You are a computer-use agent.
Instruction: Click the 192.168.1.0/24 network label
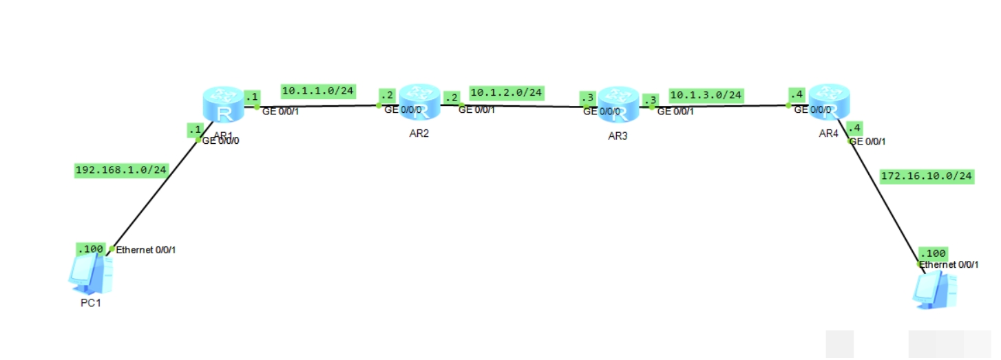coord(121,170)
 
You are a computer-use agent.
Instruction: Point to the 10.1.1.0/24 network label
coord(318,90)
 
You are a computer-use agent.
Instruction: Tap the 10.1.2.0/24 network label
coord(507,92)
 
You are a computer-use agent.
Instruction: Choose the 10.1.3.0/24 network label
coord(706,95)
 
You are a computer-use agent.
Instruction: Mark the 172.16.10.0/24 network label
coord(927,176)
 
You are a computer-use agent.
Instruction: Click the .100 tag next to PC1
coord(90,248)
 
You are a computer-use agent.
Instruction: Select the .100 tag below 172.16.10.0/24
coord(933,253)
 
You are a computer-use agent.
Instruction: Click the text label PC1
coord(89,303)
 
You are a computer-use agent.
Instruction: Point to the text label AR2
coord(419,133)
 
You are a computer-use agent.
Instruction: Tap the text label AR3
coord(618,136)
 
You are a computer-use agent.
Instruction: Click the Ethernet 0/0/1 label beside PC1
coord(146,250)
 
